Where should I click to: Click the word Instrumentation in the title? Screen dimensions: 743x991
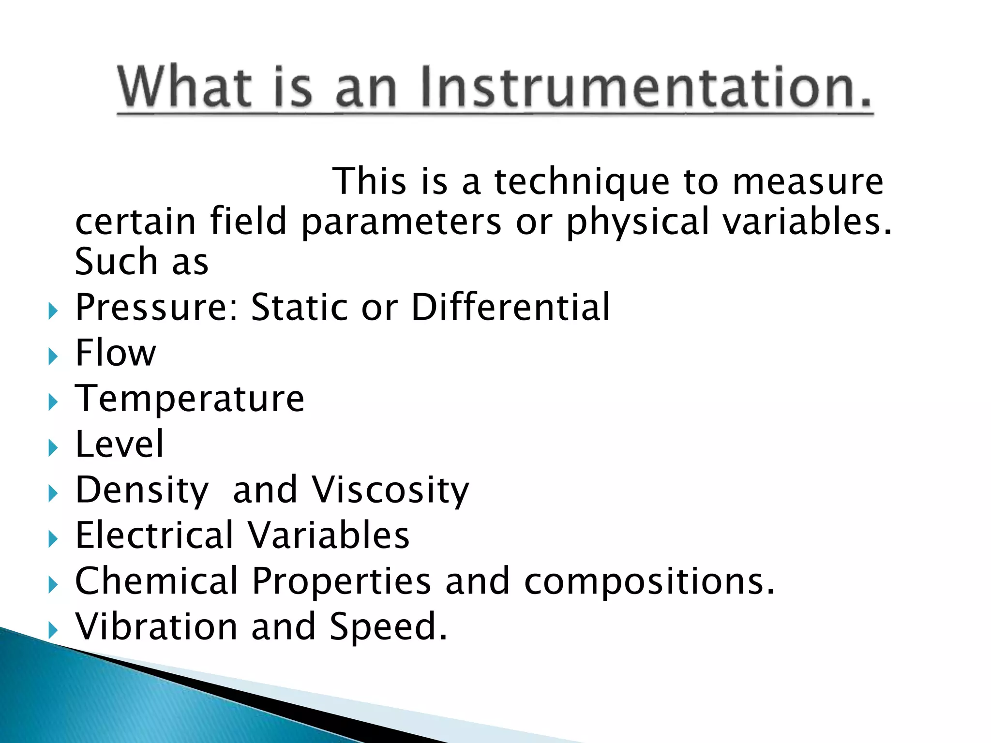pos(646,87)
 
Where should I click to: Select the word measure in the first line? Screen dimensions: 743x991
pos(808,182)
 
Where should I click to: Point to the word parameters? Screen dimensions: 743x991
pos(401,222)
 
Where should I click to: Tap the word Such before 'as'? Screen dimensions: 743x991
pos(116,262)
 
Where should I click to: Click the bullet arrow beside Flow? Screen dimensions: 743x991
pos(53,357)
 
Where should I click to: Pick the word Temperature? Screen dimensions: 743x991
pos(190,399)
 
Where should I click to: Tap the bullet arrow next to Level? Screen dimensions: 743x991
pos(53,448)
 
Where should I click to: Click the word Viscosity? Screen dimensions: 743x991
pos(390,490)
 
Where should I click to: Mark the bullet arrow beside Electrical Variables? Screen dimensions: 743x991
pos(53,539)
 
